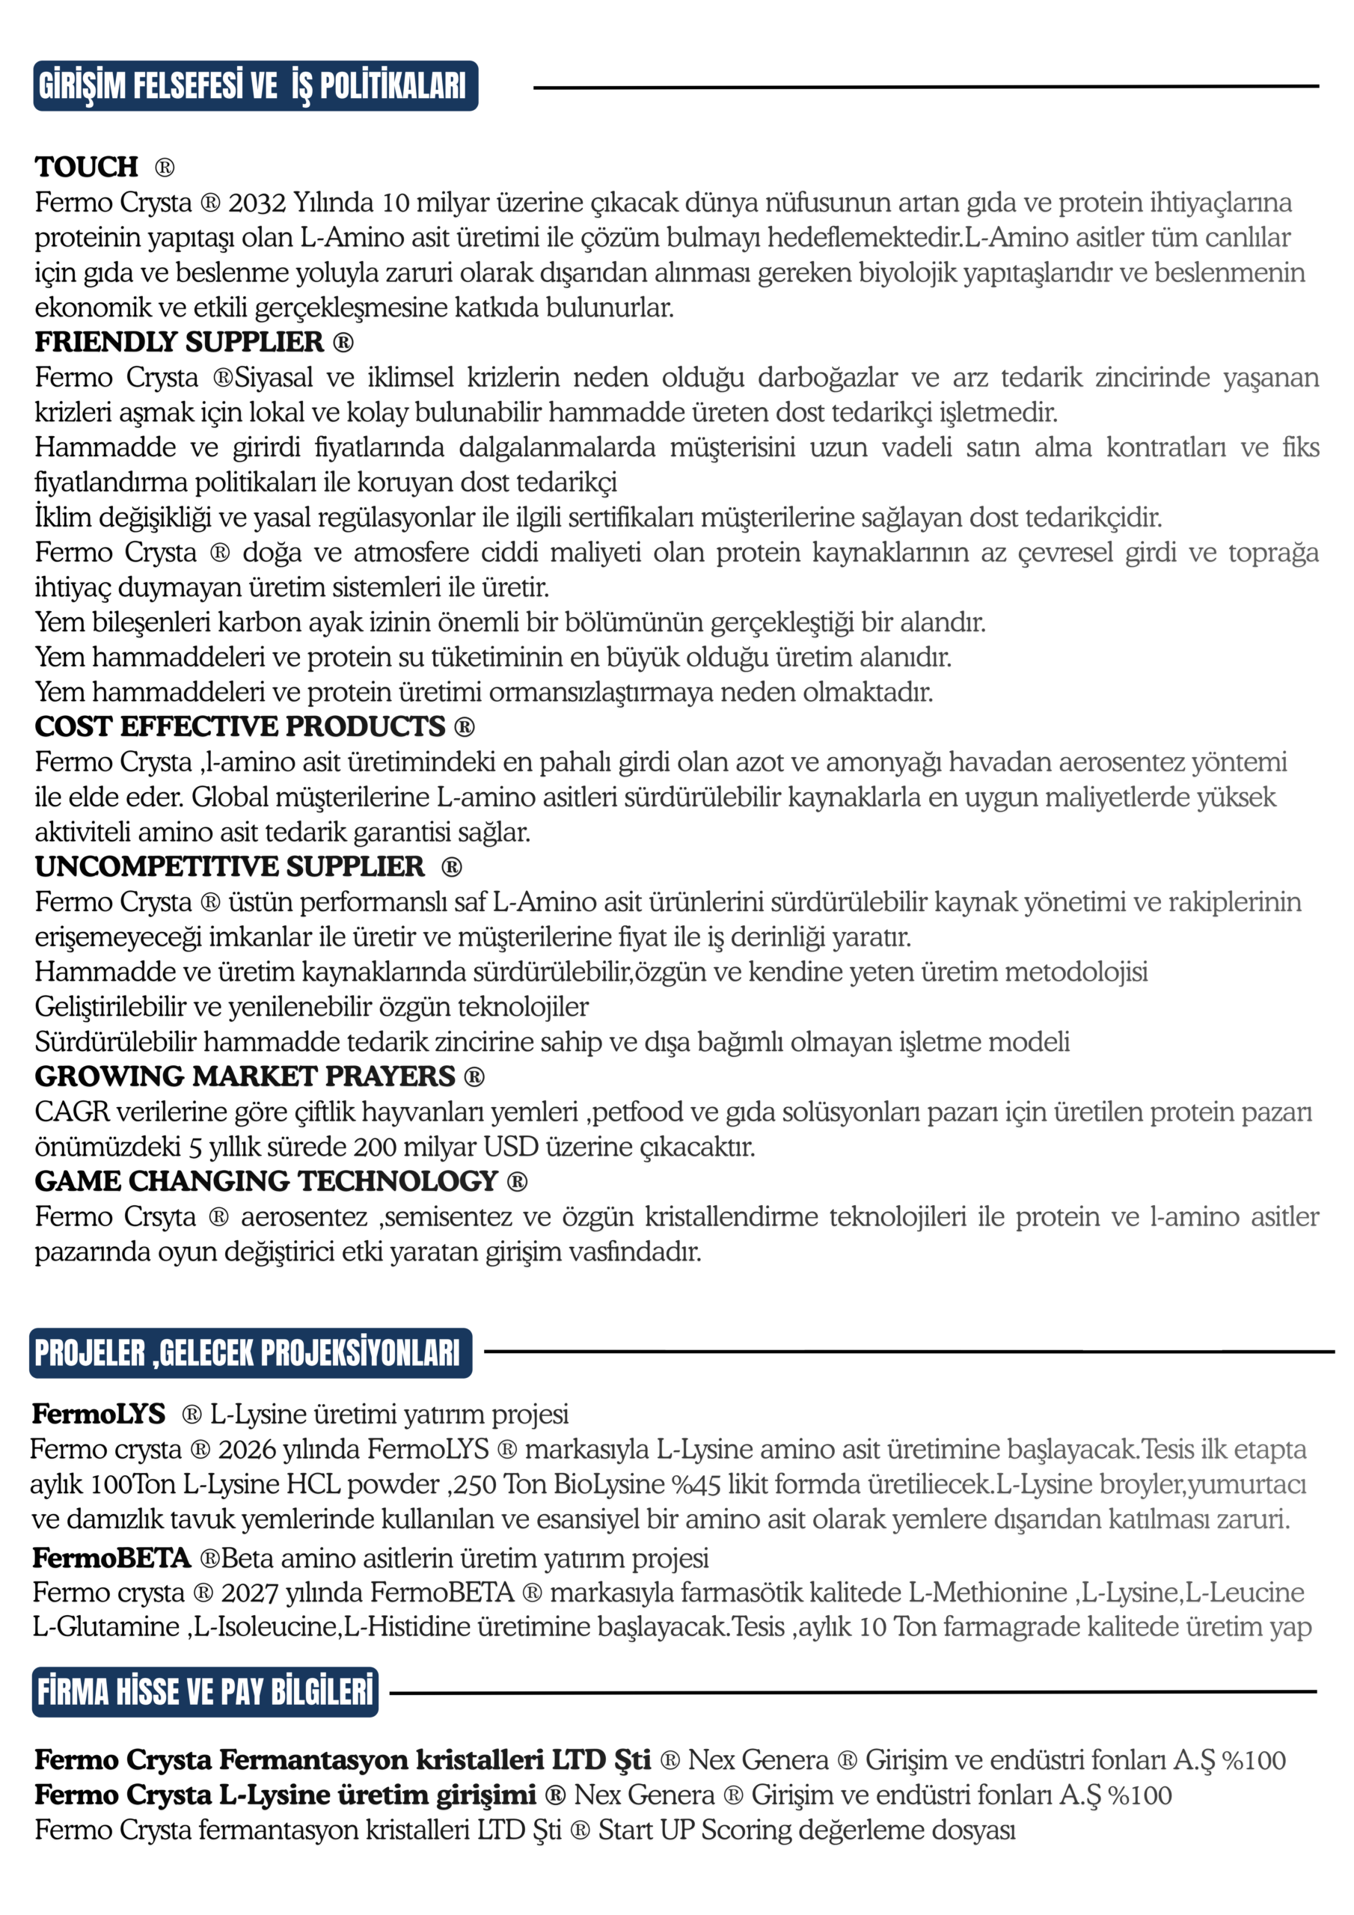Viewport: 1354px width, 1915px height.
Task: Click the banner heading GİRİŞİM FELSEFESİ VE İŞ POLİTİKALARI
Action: (254, 86)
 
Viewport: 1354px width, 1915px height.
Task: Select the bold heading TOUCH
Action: (87, 167)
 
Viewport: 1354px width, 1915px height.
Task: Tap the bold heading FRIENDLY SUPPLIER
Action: (180, 342)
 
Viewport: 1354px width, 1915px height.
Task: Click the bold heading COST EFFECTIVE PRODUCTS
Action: (240, 726)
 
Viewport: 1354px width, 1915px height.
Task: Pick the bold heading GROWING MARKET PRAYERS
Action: (245, 1076)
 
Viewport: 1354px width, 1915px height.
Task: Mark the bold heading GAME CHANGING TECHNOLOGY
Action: (266, 1181)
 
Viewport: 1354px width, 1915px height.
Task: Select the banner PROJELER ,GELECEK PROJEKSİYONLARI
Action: (249, 1353)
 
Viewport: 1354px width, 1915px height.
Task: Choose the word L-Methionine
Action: (987, 1593)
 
